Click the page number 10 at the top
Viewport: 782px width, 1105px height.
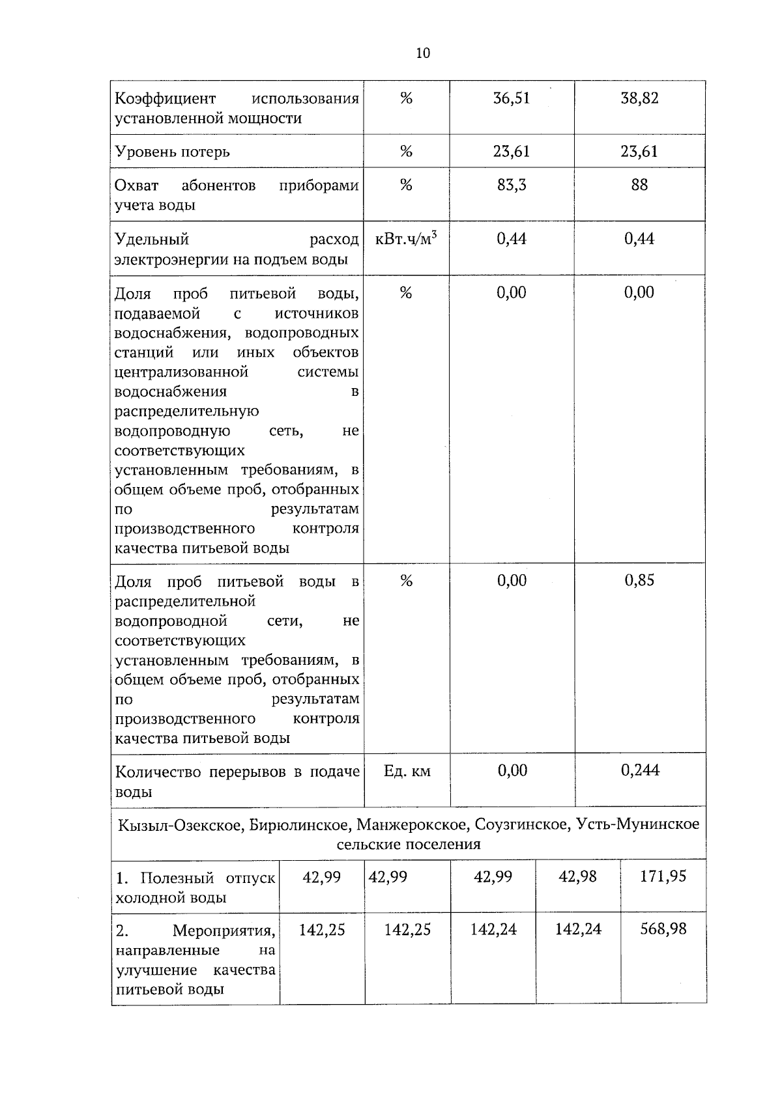[x=423, y=53]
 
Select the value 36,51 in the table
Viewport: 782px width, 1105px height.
[x=512, y=98]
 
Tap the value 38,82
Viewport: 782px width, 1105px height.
[x=639, y=98]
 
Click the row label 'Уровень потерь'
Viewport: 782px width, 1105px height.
[x=172, y=152]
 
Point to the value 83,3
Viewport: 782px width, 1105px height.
[x=512, y=186]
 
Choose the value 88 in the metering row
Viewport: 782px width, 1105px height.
[x=639, y=186]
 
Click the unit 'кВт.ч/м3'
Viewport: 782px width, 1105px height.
[x=406, y=239]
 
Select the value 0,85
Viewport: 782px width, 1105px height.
[x=639, y=581]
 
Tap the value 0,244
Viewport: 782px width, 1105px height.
[x=640, y=771]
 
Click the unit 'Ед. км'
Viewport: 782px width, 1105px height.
[x=407, y=772]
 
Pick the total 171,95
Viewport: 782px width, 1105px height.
[x=663, y=876]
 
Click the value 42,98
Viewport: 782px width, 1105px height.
[x=577, y=876]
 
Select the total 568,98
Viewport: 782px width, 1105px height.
[x=663, y=929]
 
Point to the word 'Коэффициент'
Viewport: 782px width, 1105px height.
[x=165, y=99]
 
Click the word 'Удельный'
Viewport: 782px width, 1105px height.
[x=152, y=240]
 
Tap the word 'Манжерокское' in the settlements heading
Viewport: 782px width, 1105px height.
[x=413, y=825]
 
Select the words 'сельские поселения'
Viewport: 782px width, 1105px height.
[x=409, y=845]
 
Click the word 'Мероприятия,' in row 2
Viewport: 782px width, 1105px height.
[x=224, y=930]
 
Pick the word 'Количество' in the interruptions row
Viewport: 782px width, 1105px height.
[x=158, y=772]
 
